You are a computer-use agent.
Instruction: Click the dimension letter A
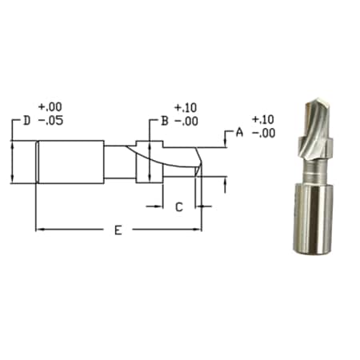tap(238, 132)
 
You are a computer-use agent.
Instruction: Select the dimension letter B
tap(163, 121)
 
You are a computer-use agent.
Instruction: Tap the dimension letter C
tap(178, 206)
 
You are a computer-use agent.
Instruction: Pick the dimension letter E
tap(118, 230)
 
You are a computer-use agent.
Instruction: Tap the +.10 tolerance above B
tap(185, 106)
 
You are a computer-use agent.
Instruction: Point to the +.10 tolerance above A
tap(263, 118)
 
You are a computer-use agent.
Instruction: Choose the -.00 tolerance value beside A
tap(263, 133)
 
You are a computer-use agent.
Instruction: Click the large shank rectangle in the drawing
tap(71, 162)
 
